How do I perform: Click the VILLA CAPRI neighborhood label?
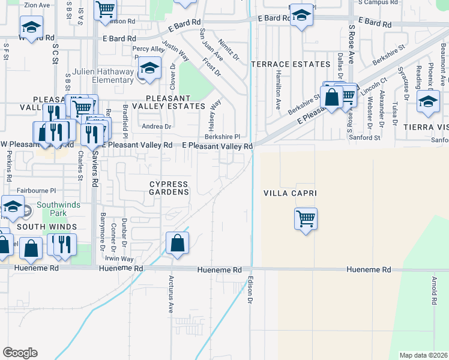[290, 193]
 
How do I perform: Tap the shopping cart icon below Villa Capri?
[306, 218]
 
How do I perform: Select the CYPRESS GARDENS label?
[169, 188]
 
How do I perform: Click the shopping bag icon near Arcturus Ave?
[177, 243]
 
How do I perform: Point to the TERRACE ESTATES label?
[291, 64]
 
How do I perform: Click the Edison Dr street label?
[250, 290]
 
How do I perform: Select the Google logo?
[20, 353]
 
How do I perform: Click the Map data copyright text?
[423, 355]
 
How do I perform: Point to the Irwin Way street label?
[119, 259]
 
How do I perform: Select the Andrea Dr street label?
[156, 127]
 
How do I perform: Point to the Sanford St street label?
[365, 137]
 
